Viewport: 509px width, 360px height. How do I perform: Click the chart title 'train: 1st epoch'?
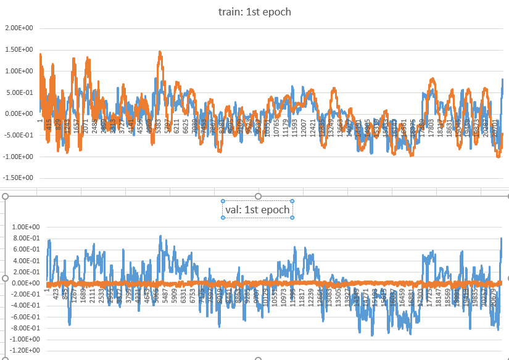coord(255,12)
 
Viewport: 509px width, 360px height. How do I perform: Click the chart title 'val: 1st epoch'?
coord(257,210)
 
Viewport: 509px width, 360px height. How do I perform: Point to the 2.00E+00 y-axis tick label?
coord(19,28)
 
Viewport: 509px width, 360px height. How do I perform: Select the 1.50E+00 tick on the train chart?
coord(19,50)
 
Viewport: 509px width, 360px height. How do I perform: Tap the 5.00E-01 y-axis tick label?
coord(19,92)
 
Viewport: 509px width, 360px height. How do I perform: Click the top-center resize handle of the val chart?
coord(259,196)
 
